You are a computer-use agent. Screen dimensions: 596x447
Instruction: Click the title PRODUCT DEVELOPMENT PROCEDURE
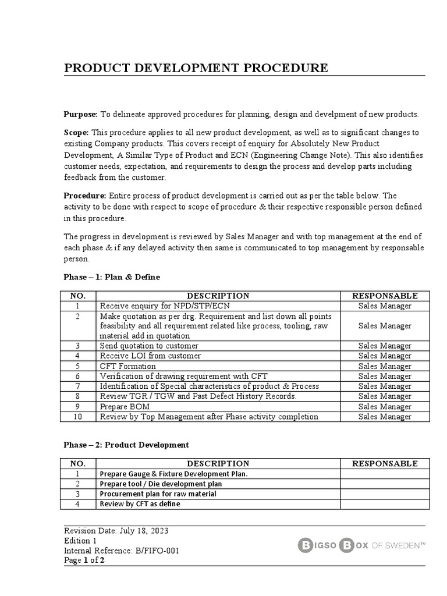tap(196, 68)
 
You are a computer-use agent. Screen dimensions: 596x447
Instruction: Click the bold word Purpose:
tap(81, 114)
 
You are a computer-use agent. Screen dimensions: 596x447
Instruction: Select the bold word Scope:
tap(77, 133)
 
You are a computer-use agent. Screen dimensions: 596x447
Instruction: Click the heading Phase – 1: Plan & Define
tap(112, 277)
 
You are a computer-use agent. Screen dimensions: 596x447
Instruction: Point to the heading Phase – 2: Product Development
tap(126, 445)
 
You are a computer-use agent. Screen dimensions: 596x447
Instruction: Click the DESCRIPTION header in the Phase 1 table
tap(218, 296)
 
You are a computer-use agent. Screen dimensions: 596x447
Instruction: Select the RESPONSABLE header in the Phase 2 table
tap(385, 463)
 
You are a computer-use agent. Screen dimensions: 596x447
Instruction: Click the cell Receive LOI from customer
tap(150, 356)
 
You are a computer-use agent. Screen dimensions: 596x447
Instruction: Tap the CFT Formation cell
tap(128, 366)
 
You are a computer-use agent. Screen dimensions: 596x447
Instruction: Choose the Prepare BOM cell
tap(125, 406)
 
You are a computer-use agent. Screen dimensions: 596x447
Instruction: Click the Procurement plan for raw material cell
tap(158, 494)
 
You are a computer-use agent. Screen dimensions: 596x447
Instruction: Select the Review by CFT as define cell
tap(140, 503)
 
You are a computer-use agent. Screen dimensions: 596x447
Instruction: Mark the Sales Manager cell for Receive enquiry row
tap(385, 306)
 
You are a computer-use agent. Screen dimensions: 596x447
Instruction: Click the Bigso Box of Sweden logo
tap(361, 545)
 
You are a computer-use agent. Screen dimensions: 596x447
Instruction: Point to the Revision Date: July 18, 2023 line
tap(116, 531)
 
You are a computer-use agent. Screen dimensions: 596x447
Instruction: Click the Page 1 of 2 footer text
tap(84, 560)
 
